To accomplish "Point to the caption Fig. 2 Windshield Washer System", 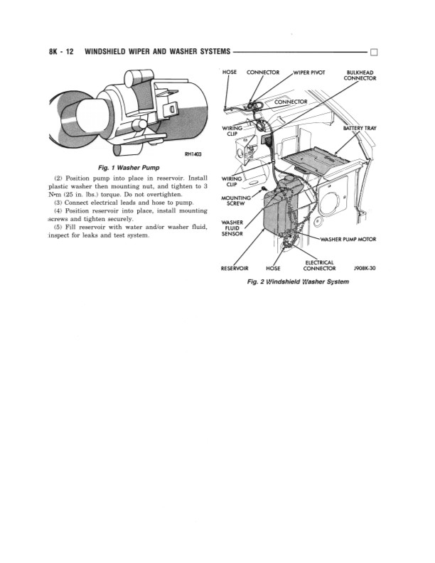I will [x=298, y=280].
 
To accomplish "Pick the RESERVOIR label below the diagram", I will [x=234, y=269].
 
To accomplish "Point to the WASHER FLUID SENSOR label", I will [x=233, y=227].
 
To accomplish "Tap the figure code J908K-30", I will [x=364, y=269].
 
